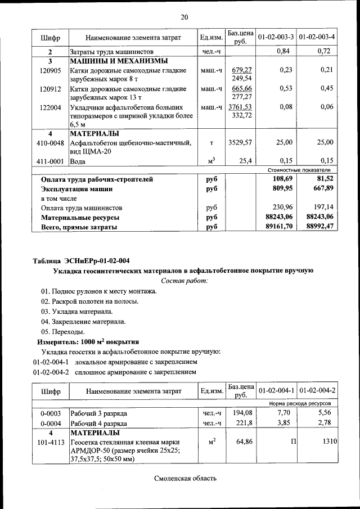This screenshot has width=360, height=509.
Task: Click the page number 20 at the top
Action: tap(184, 17)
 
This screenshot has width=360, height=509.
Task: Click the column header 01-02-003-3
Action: tap(276, 37)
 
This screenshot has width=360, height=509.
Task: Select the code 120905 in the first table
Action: tap(51, 71)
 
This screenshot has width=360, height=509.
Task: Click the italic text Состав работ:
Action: tap(184, 280)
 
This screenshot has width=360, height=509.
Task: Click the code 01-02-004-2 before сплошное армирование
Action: tap(51, 372)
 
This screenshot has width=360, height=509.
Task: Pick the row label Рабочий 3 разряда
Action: tap(94, 413)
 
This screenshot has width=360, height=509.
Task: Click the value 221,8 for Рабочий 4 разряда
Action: tap(243, 423)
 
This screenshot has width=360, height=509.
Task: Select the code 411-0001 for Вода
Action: tap(51, 161)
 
